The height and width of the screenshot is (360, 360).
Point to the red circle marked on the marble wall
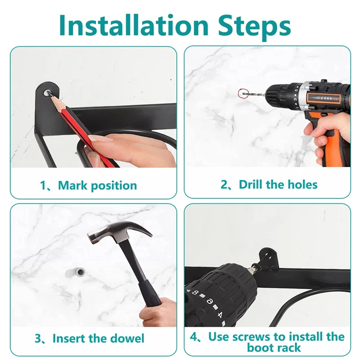point(243,94)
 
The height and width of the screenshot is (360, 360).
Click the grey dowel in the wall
point(75,272)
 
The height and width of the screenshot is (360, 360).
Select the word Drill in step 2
point(251,184)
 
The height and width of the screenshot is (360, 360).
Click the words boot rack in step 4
point(274,347)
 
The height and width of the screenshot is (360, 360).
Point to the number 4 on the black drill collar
point(220,315)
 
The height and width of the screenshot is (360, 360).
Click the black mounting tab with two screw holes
point(268,257)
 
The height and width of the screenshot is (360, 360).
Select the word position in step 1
point(114,186)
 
